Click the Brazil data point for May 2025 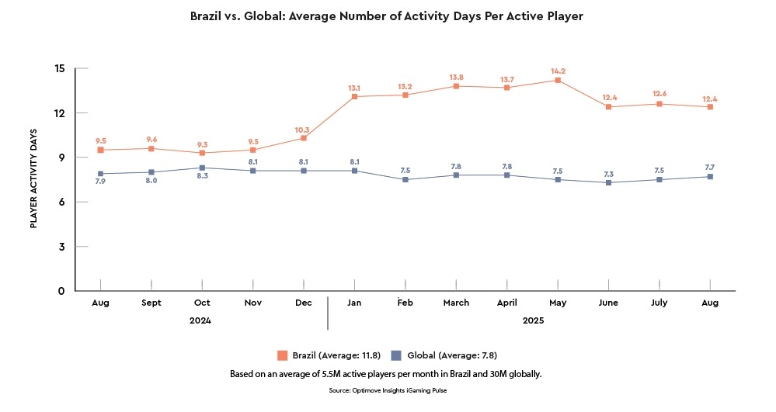(558, 80)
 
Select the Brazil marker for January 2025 (354, 96)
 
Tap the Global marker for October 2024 (202, 168)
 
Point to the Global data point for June (608, 182)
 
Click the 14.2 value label (558, 71)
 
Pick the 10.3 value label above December (303, 130)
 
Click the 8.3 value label (202, 177)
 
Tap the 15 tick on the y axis (60, 68)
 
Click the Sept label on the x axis (151, 303)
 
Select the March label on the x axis (456, 303)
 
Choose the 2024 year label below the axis (200, 320)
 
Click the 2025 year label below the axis (532, 320)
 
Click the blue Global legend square (396, 355)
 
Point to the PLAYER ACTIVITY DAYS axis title (33, 178)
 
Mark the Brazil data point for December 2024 (303, 138)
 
